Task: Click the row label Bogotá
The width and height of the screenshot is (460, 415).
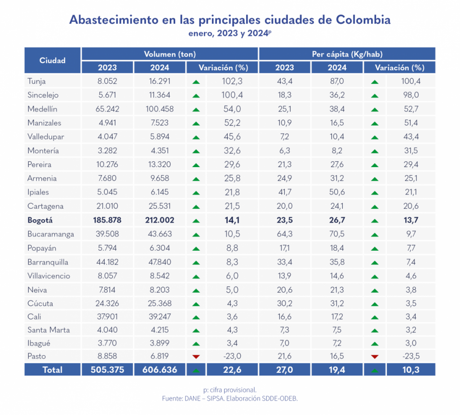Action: [x=40, y=221]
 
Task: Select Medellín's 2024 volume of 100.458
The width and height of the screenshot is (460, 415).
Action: [x=160, y=109]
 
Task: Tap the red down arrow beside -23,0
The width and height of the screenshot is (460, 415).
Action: [x=196, y=357]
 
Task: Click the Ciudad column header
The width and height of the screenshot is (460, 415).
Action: [x=53, y=61]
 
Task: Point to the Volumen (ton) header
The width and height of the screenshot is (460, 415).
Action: [x=169, y=54]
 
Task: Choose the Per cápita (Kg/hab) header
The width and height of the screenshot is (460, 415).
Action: [x=347, y=54]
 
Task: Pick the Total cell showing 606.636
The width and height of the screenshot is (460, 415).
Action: [x=160, y=370]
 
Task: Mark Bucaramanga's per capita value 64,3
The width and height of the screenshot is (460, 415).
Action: [x=284, y=234]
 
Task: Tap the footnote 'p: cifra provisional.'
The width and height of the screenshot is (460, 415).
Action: [x=230, y=389]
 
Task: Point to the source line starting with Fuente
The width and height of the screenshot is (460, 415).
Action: [x=230, y=398]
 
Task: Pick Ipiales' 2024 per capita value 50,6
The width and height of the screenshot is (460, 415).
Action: [x=337, y=192]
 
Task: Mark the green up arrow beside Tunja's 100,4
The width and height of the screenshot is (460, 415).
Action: [x=375, y=82]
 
